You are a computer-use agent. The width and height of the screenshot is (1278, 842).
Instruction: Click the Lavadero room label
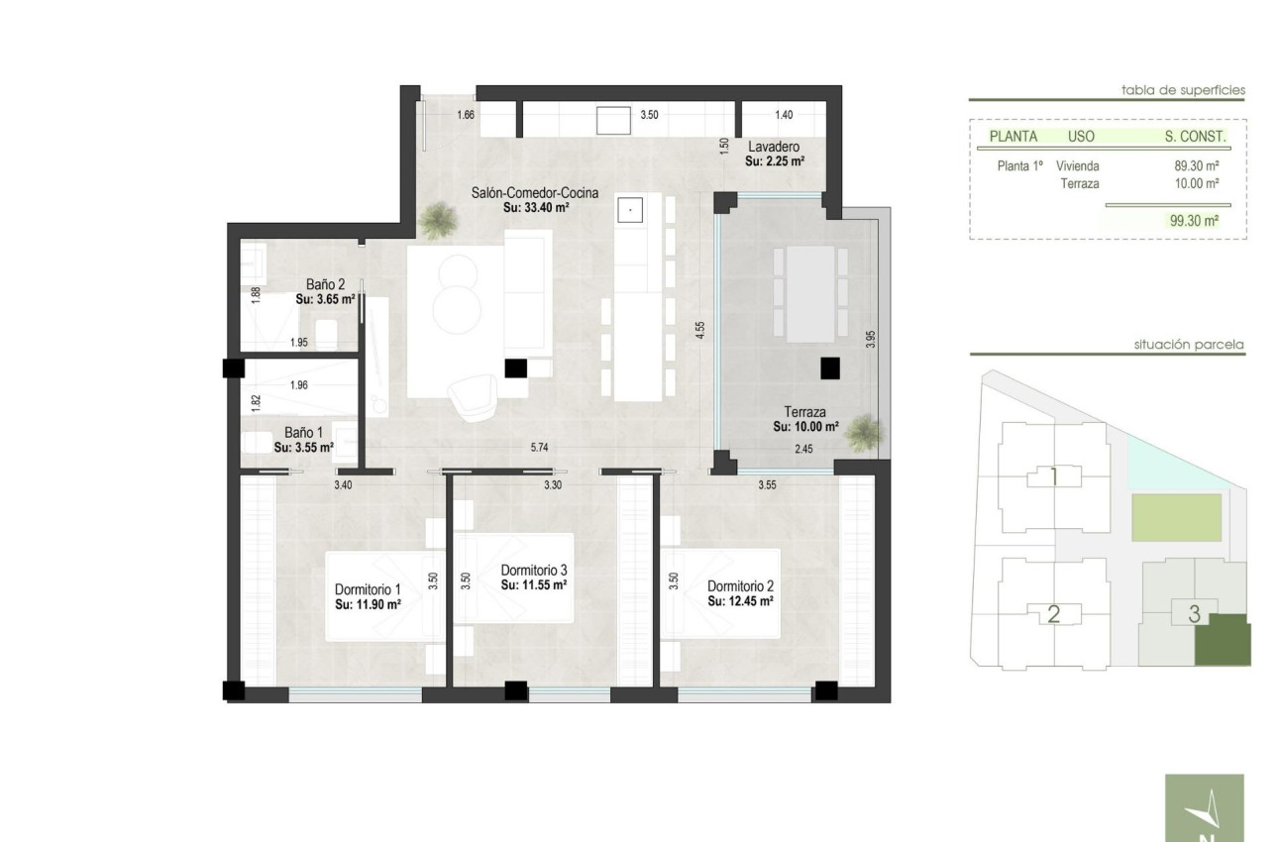[x=774, y=147]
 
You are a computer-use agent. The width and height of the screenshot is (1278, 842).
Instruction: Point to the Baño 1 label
[x=303, y=433]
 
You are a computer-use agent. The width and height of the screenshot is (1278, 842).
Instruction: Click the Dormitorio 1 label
[x=368, y=589]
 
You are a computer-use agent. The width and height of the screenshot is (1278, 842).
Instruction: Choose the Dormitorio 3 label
[x=533, y=571]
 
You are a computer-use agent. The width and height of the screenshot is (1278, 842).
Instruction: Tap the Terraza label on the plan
[x=805, y=412]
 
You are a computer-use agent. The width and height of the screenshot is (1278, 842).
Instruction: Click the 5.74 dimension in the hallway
[x=539, y=448]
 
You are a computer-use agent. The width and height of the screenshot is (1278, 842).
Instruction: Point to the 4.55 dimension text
[x=699, y=330]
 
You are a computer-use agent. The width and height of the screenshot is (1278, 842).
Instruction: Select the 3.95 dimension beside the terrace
[x=871, y=338]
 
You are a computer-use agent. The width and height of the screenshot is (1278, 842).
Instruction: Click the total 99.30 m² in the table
[x=1194, y=222]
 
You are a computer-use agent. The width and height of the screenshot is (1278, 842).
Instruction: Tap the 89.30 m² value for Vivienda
[x=1196, y=166]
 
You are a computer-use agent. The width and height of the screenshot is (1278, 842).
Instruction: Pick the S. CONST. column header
[x=1195, y=137]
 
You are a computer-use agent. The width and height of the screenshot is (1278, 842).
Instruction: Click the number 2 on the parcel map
[x=1053, y=614]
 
